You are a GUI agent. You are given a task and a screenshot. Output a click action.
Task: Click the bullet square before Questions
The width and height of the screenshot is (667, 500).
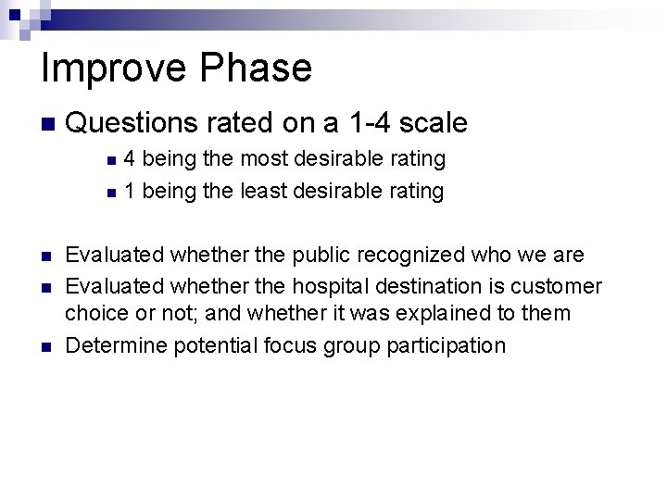[x=48, y=124]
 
